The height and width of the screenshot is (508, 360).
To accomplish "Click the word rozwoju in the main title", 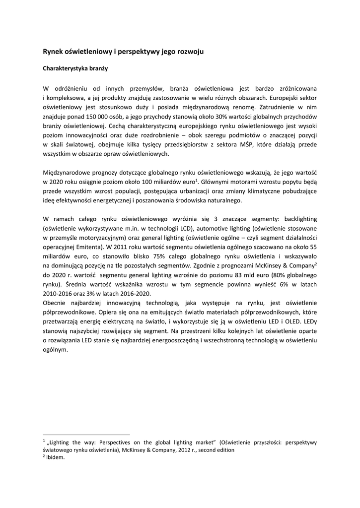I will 186,52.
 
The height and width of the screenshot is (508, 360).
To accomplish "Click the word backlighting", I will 293,219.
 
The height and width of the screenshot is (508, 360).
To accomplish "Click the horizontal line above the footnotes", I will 86,434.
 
